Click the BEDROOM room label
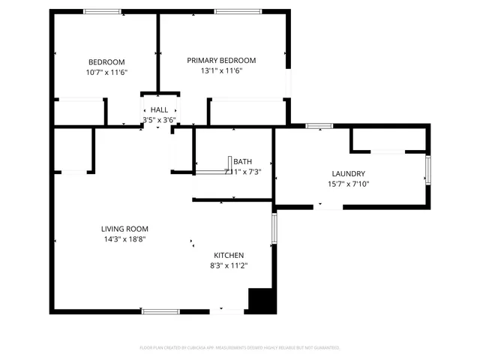106,62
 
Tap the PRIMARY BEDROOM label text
221,61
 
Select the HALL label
159,109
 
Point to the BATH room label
242,161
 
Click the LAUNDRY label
347,173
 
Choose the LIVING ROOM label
124,229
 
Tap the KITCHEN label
228,255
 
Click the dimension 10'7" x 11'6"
106,72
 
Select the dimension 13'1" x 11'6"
221,71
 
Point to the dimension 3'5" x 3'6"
159,119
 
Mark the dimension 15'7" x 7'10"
348,184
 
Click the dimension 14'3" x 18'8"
124,239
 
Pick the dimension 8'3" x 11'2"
228,265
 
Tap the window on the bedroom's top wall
102,11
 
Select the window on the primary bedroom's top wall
238,11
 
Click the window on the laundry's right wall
428,169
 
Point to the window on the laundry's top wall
319,126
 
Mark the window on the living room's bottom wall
160,311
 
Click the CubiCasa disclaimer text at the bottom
240,348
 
